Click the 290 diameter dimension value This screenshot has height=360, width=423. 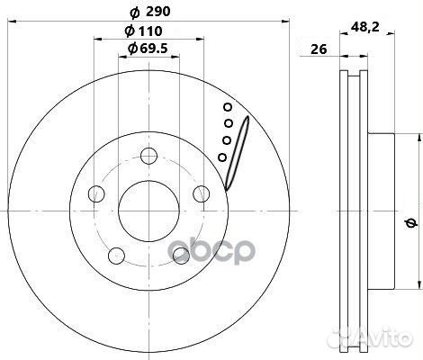(x=158, y=12)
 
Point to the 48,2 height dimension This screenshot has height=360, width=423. (x=364, y=28)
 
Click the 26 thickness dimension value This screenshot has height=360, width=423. (x=319, y=49)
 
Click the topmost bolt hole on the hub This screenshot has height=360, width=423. (x=149, y=156)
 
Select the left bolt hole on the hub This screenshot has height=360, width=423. (x=96, y=193)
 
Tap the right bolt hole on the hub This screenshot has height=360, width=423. (x=202, y=193)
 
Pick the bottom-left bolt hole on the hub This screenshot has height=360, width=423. (x=116, y=256)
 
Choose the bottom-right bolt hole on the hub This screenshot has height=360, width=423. (x=181, y=256)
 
